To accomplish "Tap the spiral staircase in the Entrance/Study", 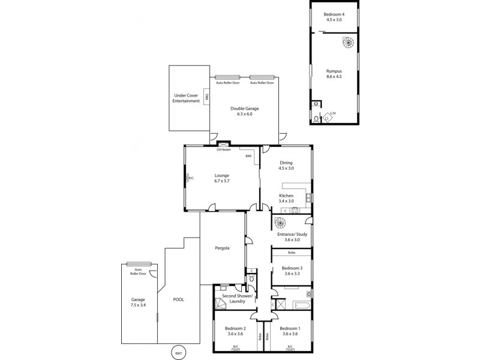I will click(280, 224).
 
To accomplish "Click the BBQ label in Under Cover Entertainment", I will click(206, 97).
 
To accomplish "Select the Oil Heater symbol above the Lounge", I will click(224, 145).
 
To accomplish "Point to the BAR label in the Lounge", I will click(248, 156).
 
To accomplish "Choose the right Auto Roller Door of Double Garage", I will click(262, 77).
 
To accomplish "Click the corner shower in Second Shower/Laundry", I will click(220, 304).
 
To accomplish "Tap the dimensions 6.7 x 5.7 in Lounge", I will click(223, 181).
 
